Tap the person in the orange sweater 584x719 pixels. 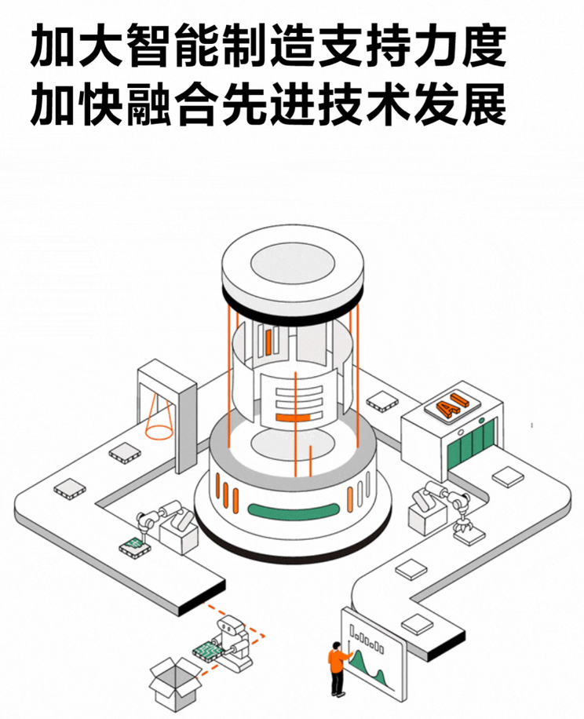tap(338, 667)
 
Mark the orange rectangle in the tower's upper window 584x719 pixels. tap(269, 338)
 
